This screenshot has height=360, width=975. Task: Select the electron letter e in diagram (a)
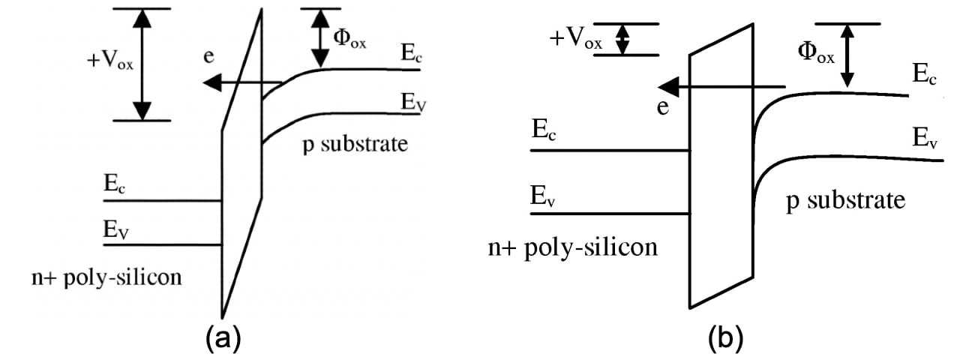(209, 58)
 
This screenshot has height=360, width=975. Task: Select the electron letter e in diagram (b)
(662, 107)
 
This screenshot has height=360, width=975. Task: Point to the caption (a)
(223, 338)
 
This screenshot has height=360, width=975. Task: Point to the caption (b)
(725, 338)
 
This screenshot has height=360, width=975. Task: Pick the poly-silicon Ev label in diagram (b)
(545, 197)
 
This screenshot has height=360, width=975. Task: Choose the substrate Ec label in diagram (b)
(924, 73)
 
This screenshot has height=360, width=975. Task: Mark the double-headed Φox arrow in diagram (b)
(847, 55)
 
